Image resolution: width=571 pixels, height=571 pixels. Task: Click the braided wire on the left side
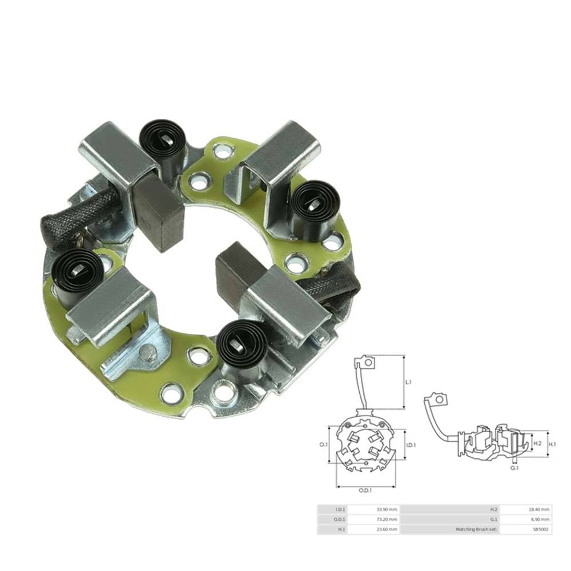pos(80,215)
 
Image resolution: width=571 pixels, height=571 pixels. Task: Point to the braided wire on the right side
pos(334,288)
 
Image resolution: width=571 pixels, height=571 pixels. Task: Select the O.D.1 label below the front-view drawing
pos(365,490)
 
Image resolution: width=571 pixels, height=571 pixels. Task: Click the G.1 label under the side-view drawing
pos(514,468)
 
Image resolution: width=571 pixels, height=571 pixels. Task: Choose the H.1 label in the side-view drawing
pos(552,443)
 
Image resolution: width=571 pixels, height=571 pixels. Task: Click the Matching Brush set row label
pos(477,530)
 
